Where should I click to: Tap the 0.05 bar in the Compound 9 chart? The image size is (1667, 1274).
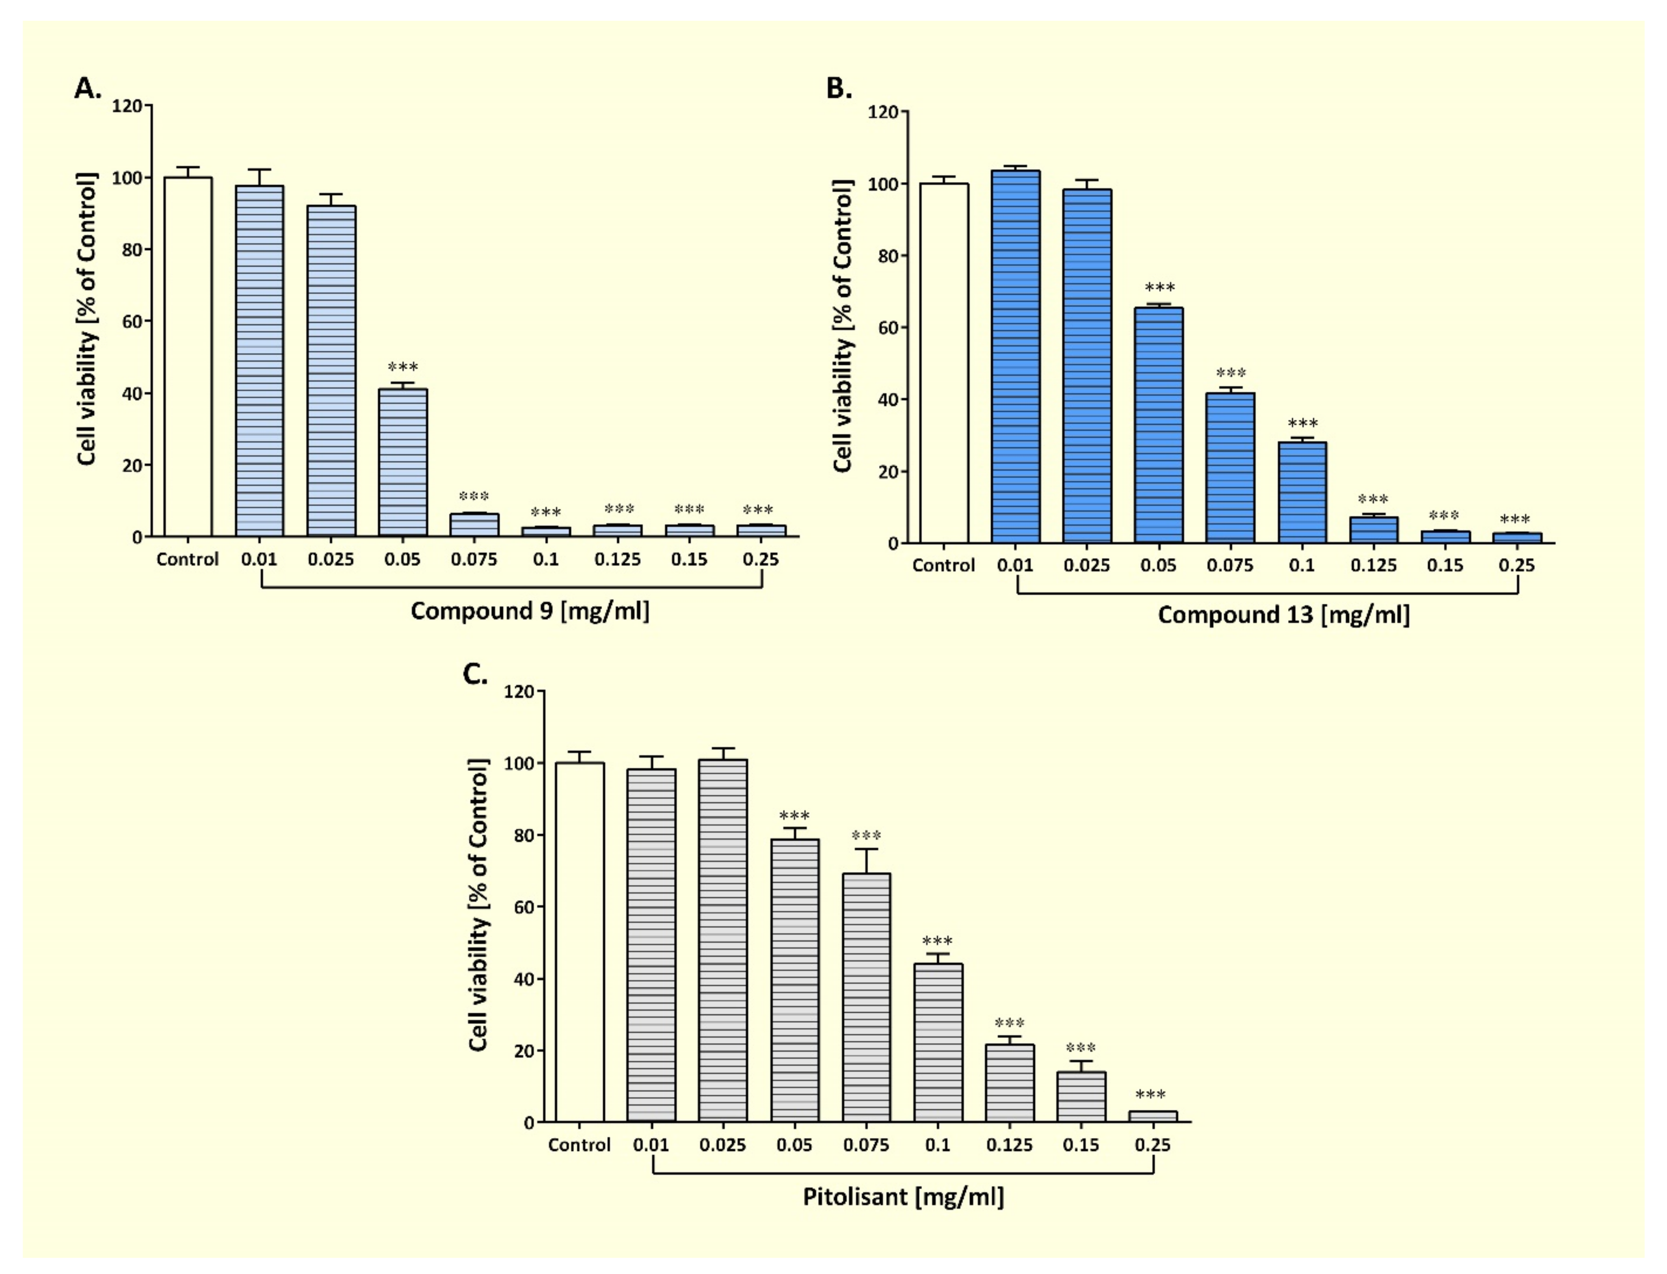[x=403, y=463]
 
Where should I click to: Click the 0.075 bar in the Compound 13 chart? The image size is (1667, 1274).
[x=1230, y=468]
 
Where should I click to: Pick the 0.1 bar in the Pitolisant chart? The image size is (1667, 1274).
[x=938, y=1043]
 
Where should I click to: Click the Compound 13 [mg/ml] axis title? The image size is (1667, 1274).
[x=1283, y=615]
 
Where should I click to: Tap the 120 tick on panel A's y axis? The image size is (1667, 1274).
[x=127, y=106]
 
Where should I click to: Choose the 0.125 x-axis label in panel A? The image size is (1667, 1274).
[x=617, y=560]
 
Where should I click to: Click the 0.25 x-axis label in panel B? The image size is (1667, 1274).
[x=1516, y=566]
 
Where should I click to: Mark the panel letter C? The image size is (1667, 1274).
[x=475, y=674]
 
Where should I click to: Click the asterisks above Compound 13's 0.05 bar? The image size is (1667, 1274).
[x=1159, y=288]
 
